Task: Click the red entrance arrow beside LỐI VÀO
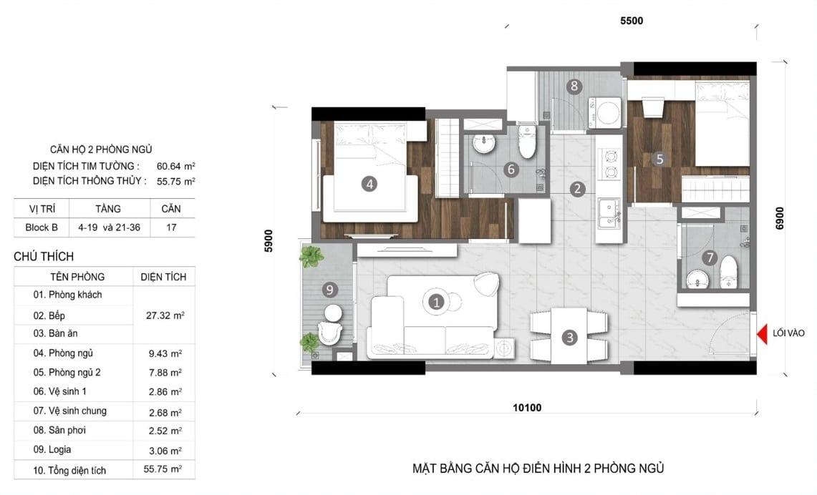pyautogui.click(x=763, y=334)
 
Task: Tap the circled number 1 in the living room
pyautogui.click(x=436, y=302)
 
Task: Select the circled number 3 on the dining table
pyautogui.click(x=569, y=338)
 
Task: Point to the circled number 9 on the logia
pyautogui.click(x=329, y=290)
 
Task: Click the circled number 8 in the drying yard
pyautogui.click(x=574, y=86)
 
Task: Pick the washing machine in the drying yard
pyautogui.click(x=606, y=112)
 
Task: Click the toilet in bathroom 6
pyautogui.click(x=527, y=142)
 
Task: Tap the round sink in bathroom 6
pyautogui.click(x=485, y=144)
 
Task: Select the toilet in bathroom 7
pyautogui.click(x=728, y=272)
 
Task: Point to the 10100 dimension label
pyautogui.click(x=527, y=408)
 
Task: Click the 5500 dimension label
pyautogui.click(x=632, y=21)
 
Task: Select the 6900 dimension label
pyautogui.click(x=780, y=218)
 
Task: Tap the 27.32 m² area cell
pyautogui.click(x=165, y=315)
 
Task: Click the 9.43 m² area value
pyautogui.click(x=165, y=353)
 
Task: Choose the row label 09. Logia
pyautogui.click(x=52, y=450)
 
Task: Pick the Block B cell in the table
pyautogui.click(x=41, y=227)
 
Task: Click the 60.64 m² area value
pyautogui.click(x=175, y=167)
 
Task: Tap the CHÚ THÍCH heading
pyautogui.click(x=44, y=257)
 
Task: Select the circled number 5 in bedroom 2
pyautogui.click(x=659, y=159)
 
